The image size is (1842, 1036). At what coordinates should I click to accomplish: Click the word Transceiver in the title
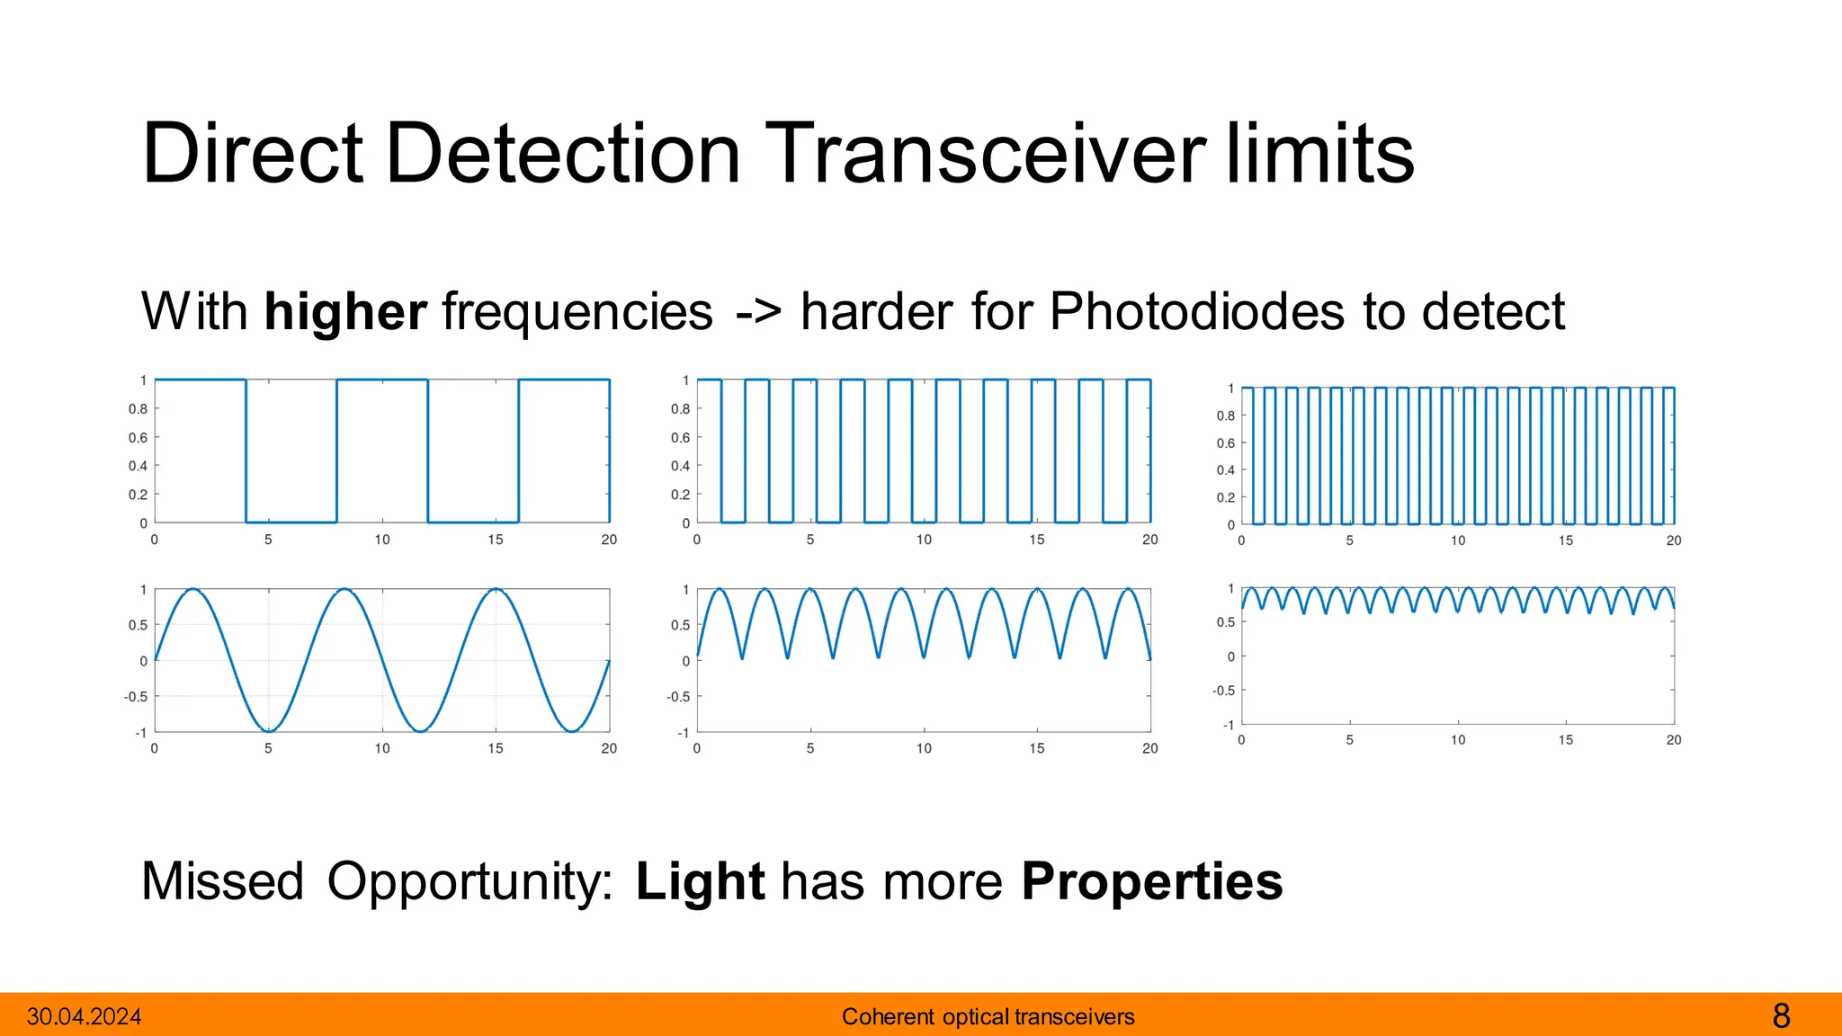(x=985, y=155)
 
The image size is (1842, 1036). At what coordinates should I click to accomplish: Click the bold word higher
(x=345, y=312)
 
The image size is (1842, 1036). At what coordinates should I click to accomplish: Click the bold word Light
(x=700, y=881)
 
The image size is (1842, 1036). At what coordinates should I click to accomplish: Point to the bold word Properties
(x=1151, y=881)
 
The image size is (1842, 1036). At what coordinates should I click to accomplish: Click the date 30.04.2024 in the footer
(x=85, y=1017)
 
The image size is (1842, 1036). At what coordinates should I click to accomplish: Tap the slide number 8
(x=1781, y=1017)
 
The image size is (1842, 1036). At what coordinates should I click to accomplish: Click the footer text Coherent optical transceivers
(x=988, y=1017)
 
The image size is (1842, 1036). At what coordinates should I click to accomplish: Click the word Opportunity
(x=469, y=881)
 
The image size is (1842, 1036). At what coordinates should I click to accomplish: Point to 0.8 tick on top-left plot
(x=138, y=409)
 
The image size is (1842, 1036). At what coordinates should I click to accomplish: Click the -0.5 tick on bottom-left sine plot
(x=136, y=697)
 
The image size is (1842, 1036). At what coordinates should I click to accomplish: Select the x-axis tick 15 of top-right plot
(x=1566, y=540)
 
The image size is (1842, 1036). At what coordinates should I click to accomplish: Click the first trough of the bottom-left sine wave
(x=268, y=730)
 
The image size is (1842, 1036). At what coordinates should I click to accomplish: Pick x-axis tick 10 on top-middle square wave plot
(x=924, y=540)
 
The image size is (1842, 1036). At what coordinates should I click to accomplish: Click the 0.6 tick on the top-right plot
(x=1225, y=443)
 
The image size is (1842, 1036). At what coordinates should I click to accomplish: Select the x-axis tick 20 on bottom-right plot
(x=1673, y=740)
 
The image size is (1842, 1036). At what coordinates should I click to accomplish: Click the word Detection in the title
(x=563, y=155)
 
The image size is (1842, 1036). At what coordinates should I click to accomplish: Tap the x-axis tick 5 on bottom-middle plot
(x=810, y=748)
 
